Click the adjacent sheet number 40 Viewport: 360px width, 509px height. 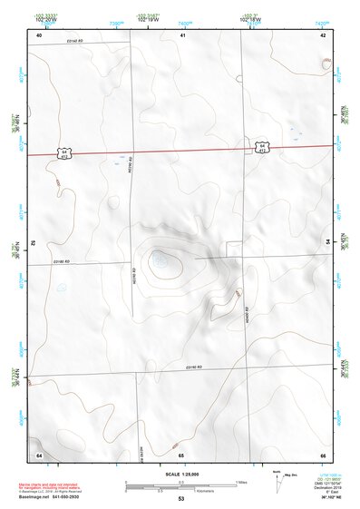pyautogui.click(x=39, y=34)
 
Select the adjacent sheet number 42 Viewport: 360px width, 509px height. pyautogui.click(x=323, y=34)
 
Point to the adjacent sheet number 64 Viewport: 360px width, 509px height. pyautogui.click(x=39, y=454)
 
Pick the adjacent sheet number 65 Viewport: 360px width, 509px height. pyautogui.click(x=181, y=454)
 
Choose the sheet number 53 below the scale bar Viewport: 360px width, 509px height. pyautogui.click(x=180, y=500)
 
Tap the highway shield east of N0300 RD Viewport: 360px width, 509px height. pyautogui.click(x=261, y=146)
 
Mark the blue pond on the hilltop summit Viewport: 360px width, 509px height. pyautogui.click(x=161, y=263)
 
